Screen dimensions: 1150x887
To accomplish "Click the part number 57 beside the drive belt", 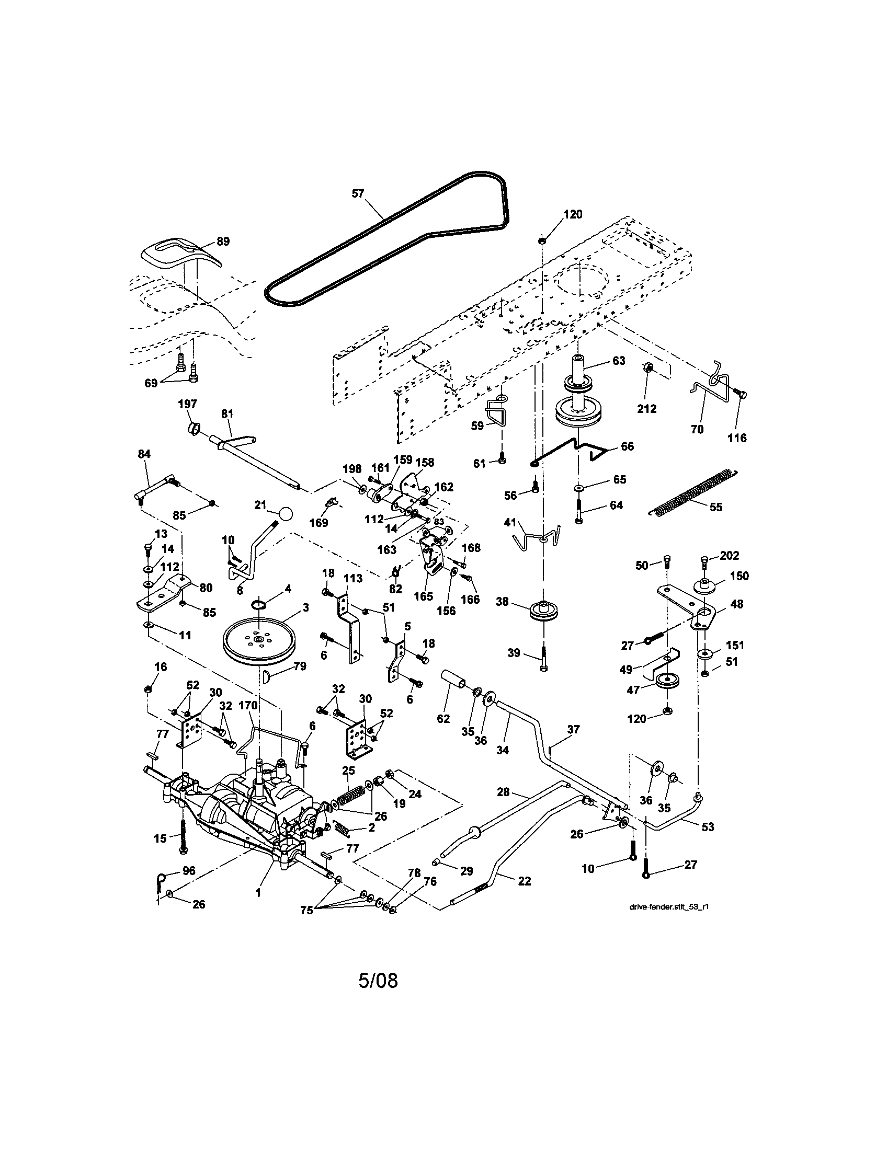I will pyautogui.click(x=358, y=193).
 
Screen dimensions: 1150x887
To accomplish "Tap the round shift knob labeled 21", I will pyautogui.click(x=285, y=513).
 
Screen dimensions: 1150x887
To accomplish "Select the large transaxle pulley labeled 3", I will pyautogui.click(x=258, y=641).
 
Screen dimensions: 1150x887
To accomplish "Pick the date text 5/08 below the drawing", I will pyautogui.click(x=378, y=981).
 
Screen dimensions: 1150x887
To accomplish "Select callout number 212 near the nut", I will pyautogui.click(x=646, y=409).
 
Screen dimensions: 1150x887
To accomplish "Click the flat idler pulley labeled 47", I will pyautogui.click(x=669, y=680).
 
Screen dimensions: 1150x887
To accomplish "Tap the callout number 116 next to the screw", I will pyautogui.click(x=737, y=438).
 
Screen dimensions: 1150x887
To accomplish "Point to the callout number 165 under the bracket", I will pyautogui.click(x=424, y=596).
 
